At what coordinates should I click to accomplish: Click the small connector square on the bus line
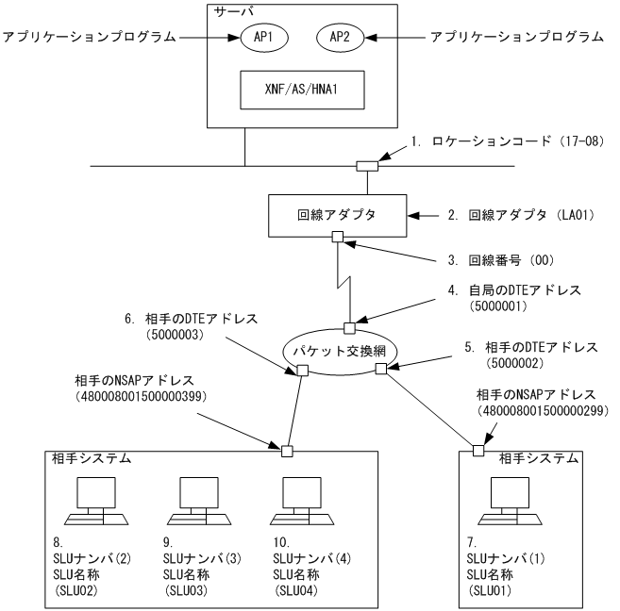pyautogui.click(x=367, y=167)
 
